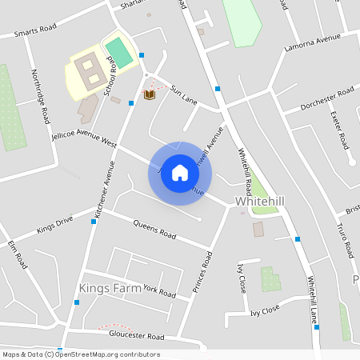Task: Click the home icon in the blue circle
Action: pyautogui.click(x=180, y=173)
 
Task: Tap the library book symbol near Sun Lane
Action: pyautogui.click(x=149, y=95)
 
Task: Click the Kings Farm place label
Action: pyautogui.click(x=110, y=287)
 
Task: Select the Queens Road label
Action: pyautogui.click(x=154, y=229)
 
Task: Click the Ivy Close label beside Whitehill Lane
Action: pyautogui.click(x=266, y=309)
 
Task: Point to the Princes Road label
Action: pyautogui.click(x=202, y=271)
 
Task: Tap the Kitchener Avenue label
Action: pyautogui.click(x=105, y=190)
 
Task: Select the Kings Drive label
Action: pyautogui.click(x=54, y=225)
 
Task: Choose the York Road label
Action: pyautogui.click(x=159, y=292)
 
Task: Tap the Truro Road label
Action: pyautogui.click(x=346, y=238)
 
